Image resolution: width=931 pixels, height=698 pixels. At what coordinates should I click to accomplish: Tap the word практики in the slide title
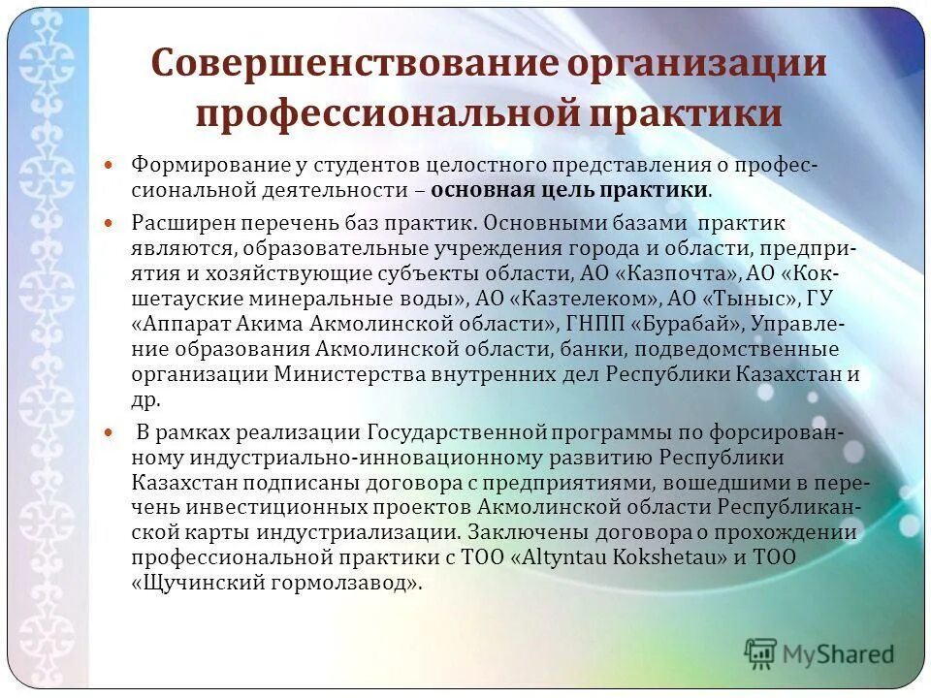tap(685, 112)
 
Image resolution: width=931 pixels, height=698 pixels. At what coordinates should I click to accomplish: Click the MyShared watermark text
tap(839, 653)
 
